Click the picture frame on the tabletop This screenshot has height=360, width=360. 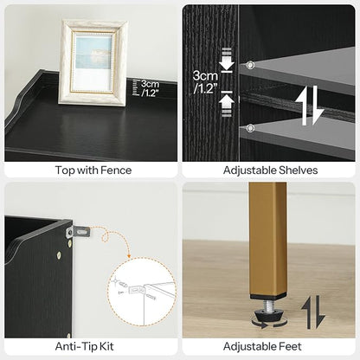[93, 62]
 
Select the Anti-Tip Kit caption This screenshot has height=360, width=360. [84, 346]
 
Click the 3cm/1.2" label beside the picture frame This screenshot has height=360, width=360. [150, 88]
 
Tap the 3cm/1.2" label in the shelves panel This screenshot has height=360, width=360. [205, 82]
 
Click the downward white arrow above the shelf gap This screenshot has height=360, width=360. [227, 60]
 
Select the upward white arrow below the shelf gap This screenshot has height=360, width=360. [227, 104]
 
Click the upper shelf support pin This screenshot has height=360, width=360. [250, 65]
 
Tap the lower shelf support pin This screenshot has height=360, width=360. [250, 128]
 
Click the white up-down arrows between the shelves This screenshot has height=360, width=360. [310, 106]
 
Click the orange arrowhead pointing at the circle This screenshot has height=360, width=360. [129, 256]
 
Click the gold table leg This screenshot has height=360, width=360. [268, 240]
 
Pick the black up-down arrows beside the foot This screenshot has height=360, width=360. [313, 312]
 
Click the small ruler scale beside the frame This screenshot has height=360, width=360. [135, 87]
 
